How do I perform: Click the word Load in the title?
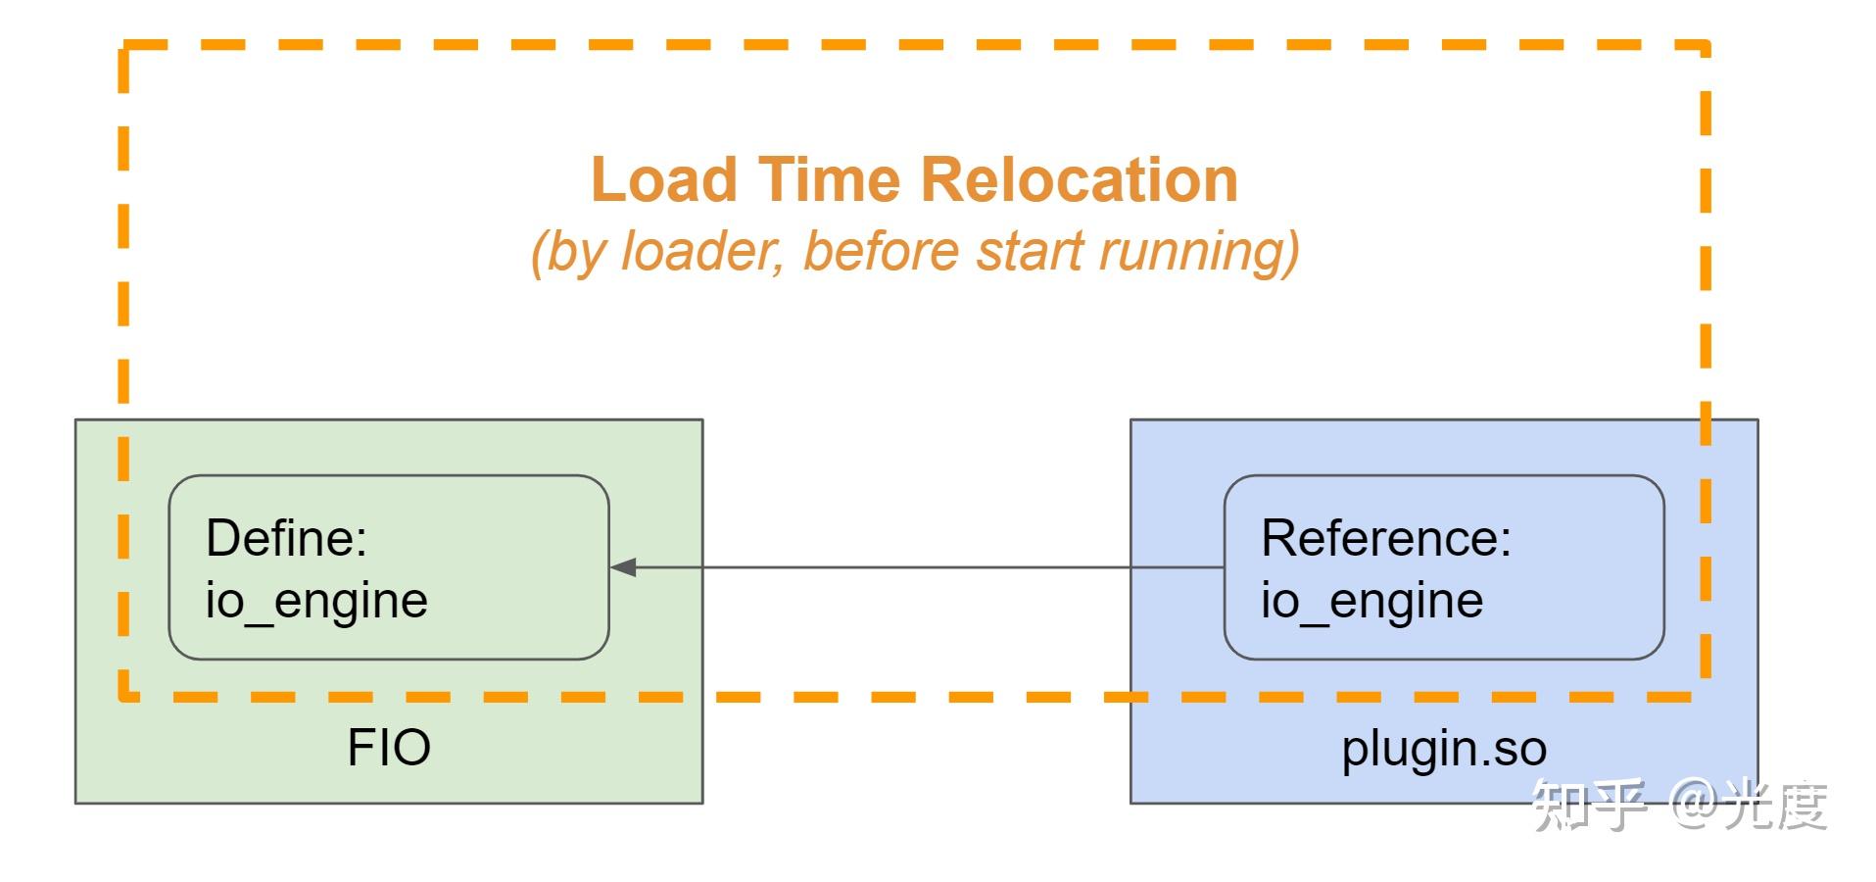click(663, 180)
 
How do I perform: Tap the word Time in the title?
click(830, 180)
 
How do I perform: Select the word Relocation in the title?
click(1080, 180)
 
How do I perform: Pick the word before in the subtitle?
click(880, 251)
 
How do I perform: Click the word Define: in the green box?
click(286, 538)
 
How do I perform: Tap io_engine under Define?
click(316, 601)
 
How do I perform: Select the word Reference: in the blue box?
click(1386, 538)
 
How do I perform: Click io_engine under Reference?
click(1371, 601)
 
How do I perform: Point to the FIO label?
click(389, 748)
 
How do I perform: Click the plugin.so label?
click(1444, 750)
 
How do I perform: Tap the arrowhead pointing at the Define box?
click(623, 567)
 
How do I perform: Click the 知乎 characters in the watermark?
click(1590, 806)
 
